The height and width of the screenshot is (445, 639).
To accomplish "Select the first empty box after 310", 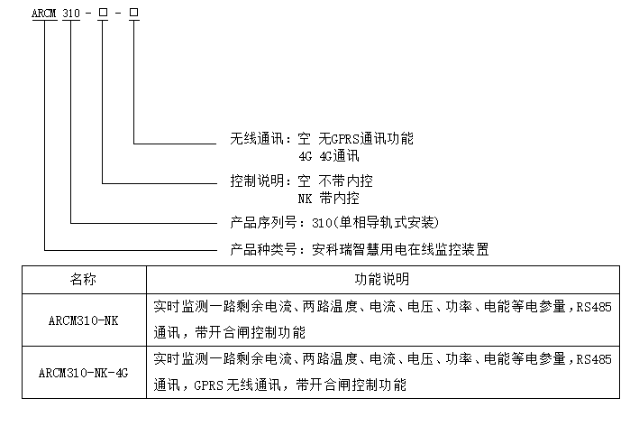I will coord(103,13).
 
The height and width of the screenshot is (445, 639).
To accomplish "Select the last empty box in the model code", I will coord(133,13).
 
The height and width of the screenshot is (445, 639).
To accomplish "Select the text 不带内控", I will coord(345,181).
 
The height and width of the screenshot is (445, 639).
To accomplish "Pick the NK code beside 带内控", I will coord(306,196).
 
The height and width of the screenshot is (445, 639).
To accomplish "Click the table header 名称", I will coord(84,280).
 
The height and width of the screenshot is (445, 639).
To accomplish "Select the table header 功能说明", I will coord(382,280).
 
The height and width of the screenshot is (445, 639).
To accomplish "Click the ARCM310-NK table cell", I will coord(84,319).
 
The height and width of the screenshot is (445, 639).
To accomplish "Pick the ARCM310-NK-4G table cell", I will coord(84,371).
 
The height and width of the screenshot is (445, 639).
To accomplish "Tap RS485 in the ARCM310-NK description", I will coord(594,307).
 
